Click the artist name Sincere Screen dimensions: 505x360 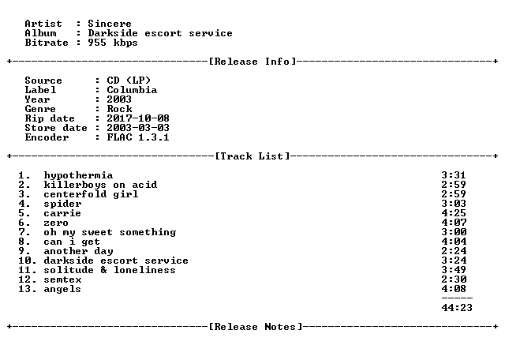(x=110, y=24)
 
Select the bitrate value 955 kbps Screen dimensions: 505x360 (x=113, y=43)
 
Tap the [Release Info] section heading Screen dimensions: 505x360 (x=252, y=62)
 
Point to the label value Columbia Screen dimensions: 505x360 (x=132, y=90)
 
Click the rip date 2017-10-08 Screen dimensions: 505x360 (x=138, y=118)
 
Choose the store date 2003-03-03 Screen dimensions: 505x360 (x=138, y=128)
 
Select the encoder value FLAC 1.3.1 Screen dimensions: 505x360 (x=138, y=137)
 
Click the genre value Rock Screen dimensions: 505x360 (x=119, y=109)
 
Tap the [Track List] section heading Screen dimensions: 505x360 (x=252, y=156)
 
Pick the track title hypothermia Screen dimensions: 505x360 (x=78, y=175)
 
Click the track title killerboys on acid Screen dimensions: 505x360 (x=100, y=185)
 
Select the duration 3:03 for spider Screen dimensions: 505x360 (x=454, y=204)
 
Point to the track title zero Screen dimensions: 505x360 (x=56, y=223)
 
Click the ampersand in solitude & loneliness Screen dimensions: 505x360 (x=103, y=270)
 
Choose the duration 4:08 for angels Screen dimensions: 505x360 (x=454, y=289)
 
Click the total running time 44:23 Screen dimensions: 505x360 (x=457, y=308)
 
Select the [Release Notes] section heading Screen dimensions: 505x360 (x=256, y=327)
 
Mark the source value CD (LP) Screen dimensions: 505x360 (x=129, y=81)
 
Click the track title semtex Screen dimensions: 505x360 (x=62, y=279)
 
